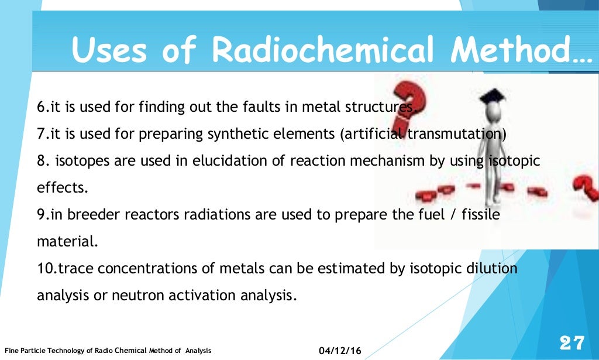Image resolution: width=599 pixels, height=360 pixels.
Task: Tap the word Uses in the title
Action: [110, 50]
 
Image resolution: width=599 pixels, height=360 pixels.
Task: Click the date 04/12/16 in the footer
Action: [340, 351]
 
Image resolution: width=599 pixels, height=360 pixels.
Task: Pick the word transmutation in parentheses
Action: [455, 133]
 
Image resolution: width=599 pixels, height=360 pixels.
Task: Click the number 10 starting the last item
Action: [44, 269]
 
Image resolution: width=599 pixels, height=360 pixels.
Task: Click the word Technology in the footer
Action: [62, 351]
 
